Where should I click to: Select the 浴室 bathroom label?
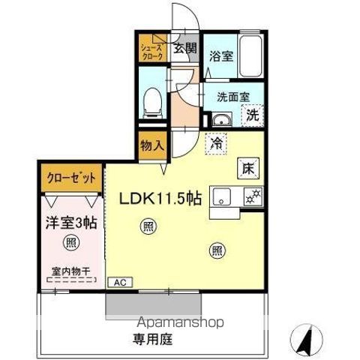(220, 55)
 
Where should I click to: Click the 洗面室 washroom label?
(231, 96)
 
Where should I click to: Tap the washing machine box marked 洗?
(254, 115)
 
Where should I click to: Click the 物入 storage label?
(152, 145)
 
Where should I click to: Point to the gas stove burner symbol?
(252, 196)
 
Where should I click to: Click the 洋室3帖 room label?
(68, 222)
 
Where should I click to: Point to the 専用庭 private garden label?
(154, 339)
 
